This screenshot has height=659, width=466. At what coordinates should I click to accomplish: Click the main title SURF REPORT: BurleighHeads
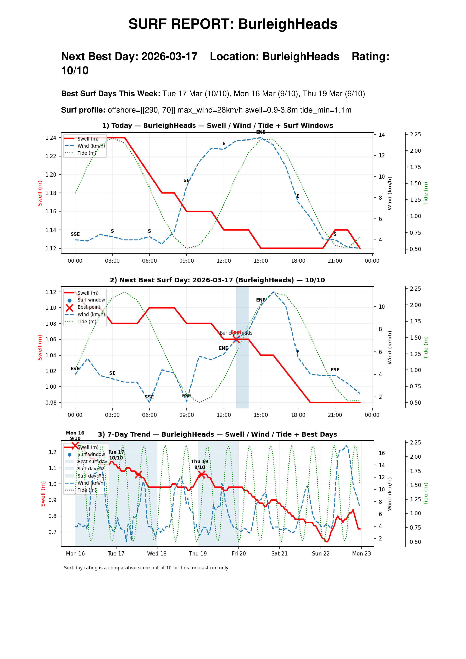(233, 24)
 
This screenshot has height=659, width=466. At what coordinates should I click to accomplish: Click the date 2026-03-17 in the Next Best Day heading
(169, 57)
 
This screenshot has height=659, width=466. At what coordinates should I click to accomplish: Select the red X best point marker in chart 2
(236, 339)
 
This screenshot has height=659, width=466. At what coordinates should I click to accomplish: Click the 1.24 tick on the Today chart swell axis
(51, 138)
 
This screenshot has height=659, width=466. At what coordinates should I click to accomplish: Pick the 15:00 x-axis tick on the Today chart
(261, 261)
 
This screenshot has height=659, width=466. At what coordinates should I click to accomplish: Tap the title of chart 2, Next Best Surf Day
(217, 280)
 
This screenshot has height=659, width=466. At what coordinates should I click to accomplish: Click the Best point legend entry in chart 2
(89, 307)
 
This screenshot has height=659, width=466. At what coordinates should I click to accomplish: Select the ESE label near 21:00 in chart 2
(335, 370)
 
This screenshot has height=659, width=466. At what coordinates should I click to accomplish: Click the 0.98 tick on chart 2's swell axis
(51, 403)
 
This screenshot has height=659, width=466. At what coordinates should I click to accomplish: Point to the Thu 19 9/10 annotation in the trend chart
(200, 464)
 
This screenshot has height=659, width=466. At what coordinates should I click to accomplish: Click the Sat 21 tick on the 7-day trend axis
(279, 554)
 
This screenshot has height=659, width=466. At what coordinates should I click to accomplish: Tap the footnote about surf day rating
(146, 568)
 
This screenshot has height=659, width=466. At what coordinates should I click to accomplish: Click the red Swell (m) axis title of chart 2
(40, 347)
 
